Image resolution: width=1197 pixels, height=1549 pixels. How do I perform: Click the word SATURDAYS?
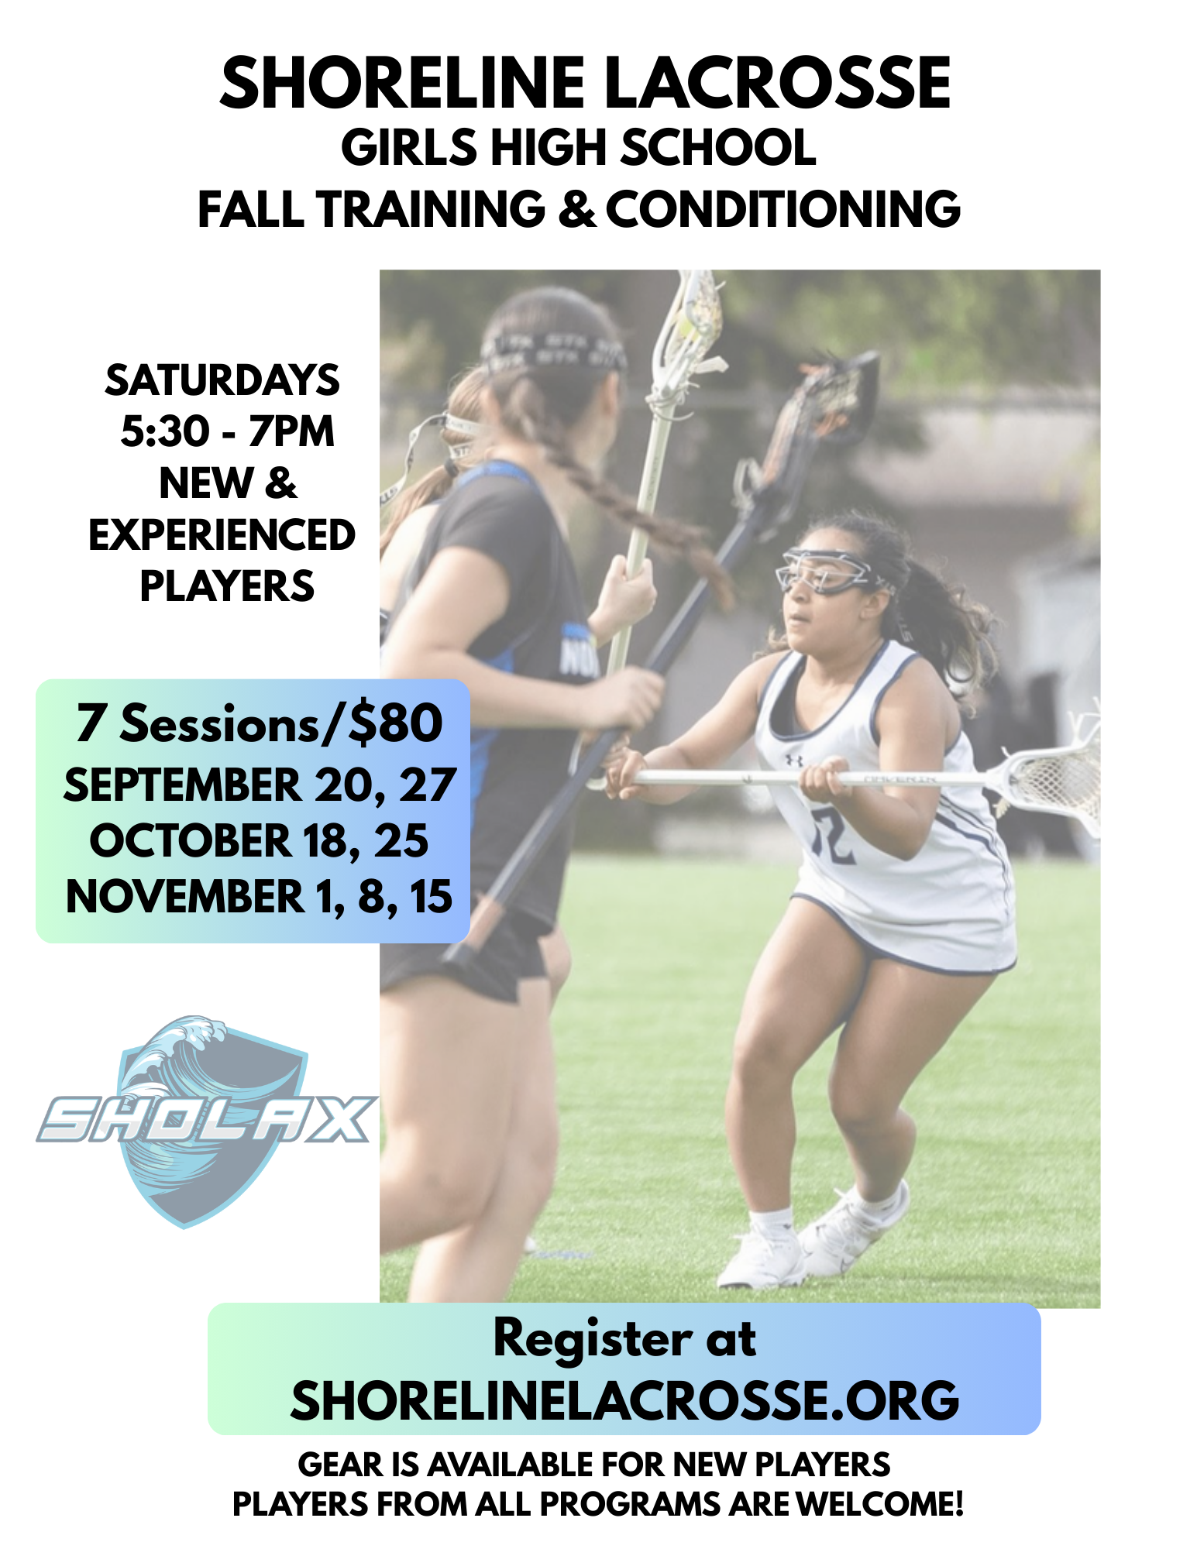click(x=222, y=380)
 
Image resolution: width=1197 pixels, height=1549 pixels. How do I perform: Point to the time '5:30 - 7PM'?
click(x=227, y=431)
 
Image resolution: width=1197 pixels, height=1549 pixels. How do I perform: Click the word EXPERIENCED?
click(x=222, y=534)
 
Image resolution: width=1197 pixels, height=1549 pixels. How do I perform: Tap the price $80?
click(x=395, y=723)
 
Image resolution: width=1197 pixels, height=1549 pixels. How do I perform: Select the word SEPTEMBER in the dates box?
click(x=183, y=785)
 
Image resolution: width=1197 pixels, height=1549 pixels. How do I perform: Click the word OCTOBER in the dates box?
click(x=191, y=840)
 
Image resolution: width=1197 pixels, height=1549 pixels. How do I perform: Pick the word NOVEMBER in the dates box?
click(x=186, y=896)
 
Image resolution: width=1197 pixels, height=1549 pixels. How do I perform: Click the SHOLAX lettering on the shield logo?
click(x=206, y=1120)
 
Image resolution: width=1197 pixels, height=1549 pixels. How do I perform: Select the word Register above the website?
click(x=593, y=1339)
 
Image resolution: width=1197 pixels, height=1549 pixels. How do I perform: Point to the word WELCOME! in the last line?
click(x=880, y=1504)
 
